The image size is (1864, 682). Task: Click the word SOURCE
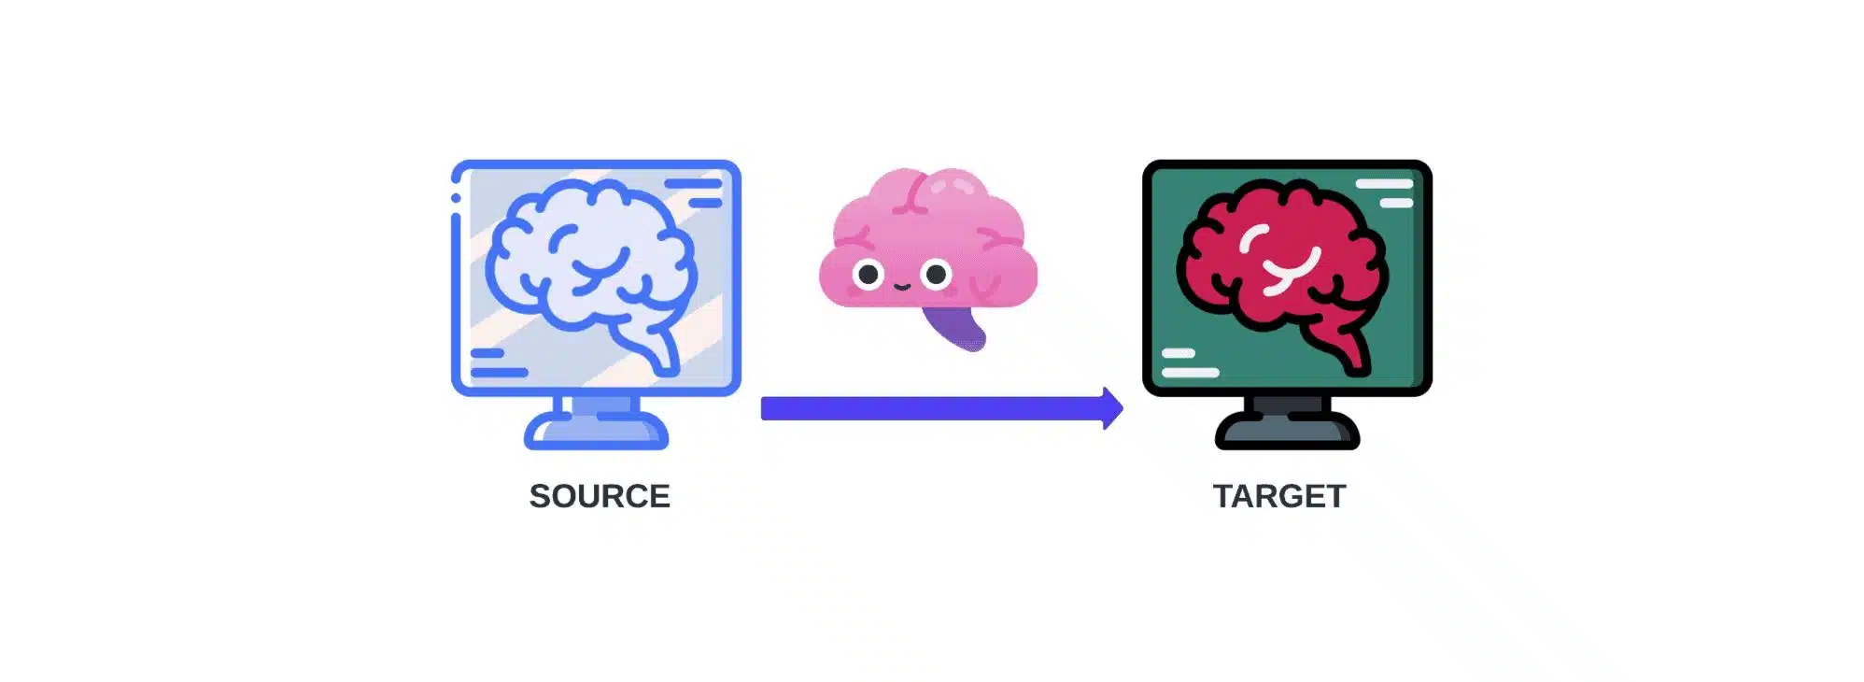(x=600, y=496)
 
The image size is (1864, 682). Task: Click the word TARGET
(x=1279, y=496)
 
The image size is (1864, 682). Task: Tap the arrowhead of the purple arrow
(x=1112, y=408)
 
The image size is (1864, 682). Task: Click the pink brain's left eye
(x=868, y=275)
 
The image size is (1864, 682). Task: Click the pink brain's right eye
(x=936, y=275)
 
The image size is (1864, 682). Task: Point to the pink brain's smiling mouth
(x=902, y=287)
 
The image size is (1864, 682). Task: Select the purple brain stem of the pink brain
(x=955, y=327)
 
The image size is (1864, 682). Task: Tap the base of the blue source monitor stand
(x=596, y=432)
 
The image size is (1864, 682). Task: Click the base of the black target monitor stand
(x=1287, y=432)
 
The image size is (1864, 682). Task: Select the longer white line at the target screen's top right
(x=1384, y=184)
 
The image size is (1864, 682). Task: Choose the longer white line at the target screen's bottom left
(x=1191, y=372)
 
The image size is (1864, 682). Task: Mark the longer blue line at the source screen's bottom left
(x=500, y=372)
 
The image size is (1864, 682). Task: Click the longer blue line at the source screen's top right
(x=693, y=184)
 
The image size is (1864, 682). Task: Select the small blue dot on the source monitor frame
(x=456, y=197)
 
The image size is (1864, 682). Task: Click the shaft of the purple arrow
(x=932, y=408)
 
